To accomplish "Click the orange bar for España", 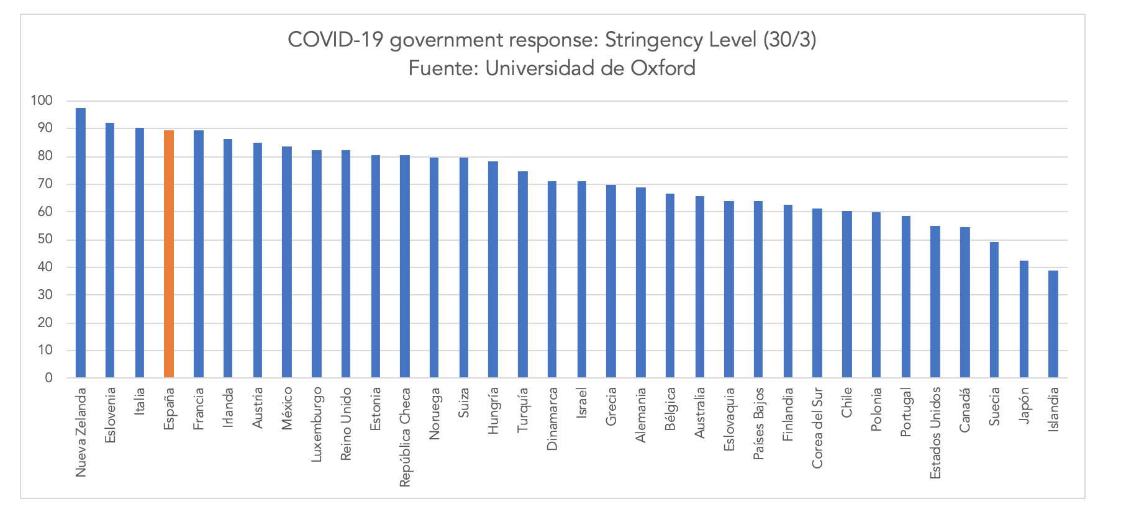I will pos(169,254).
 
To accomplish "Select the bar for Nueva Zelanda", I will pos(81,243).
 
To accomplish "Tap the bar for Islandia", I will pos(1053,324).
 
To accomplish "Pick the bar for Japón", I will pos(1024,319).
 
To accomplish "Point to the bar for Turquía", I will pos(523,274).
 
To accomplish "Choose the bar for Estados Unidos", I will pos(935,302).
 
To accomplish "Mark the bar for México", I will pos(287,262).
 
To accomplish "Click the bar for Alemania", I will pos(640,282).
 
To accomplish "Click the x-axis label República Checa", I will pos(405,429).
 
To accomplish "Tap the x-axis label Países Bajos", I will pos(758,424).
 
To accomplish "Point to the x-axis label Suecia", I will pos(994,407).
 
